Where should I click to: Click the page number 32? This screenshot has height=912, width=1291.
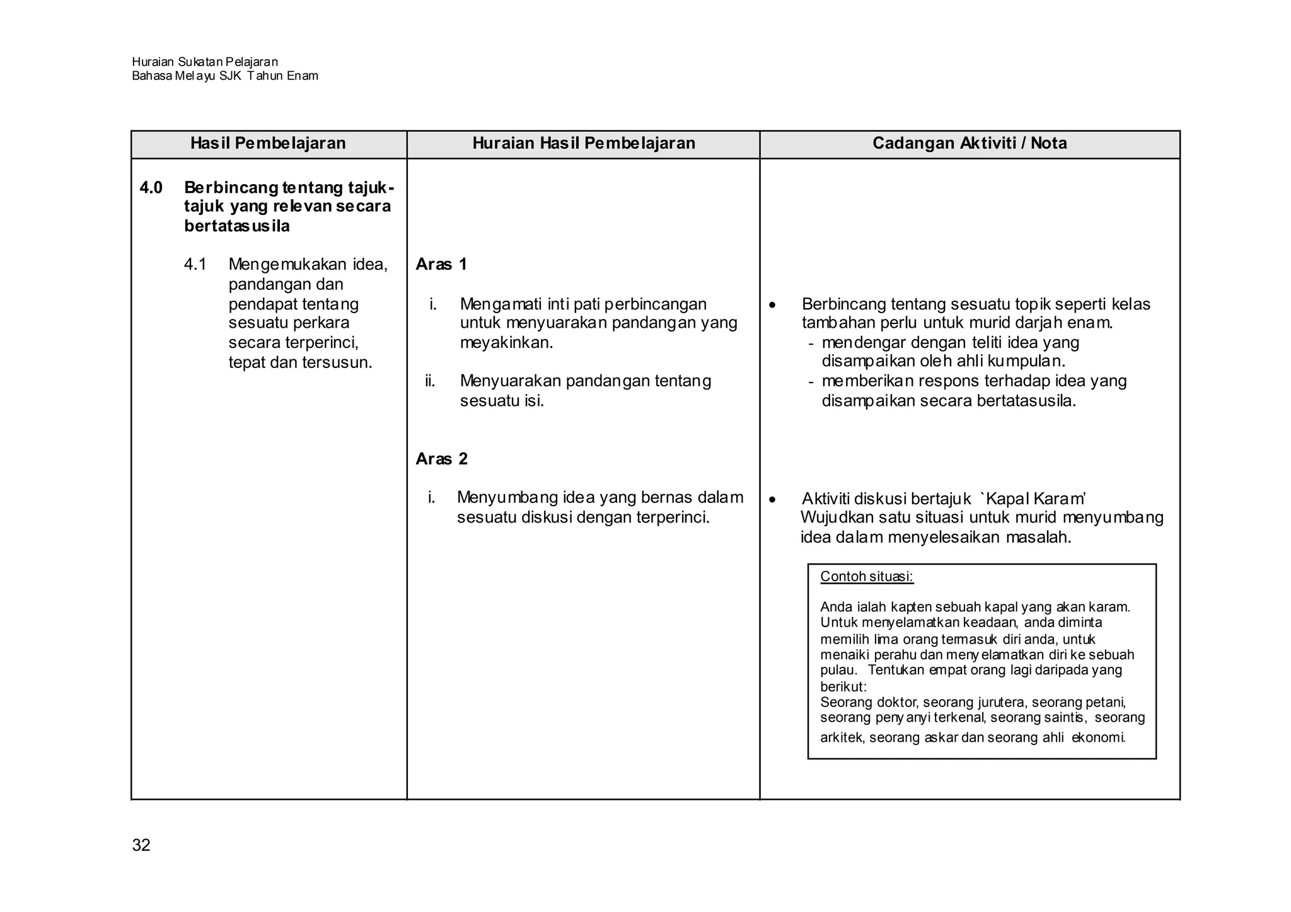(141, 845)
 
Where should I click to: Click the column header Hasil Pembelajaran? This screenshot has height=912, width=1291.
(268, 143)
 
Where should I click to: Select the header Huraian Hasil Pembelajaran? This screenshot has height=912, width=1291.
(584, 143)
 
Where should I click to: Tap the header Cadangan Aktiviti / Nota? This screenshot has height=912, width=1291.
(970, 143)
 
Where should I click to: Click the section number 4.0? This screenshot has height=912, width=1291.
(151, 187)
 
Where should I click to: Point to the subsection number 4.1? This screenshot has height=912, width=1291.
(195, 264)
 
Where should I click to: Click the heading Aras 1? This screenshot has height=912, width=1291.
(441, 264)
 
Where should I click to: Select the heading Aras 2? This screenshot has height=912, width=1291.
(441, 459)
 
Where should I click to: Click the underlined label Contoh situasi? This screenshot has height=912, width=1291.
(867, 576)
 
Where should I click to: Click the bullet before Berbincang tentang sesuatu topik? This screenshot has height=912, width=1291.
(773, 306)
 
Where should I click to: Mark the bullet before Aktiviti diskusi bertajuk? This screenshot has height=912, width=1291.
(773, 500)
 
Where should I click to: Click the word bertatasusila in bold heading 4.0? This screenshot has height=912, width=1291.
(237, 226)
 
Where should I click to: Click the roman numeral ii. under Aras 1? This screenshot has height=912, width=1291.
(431, 381)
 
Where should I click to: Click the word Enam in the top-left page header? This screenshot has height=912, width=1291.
(303, 76)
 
